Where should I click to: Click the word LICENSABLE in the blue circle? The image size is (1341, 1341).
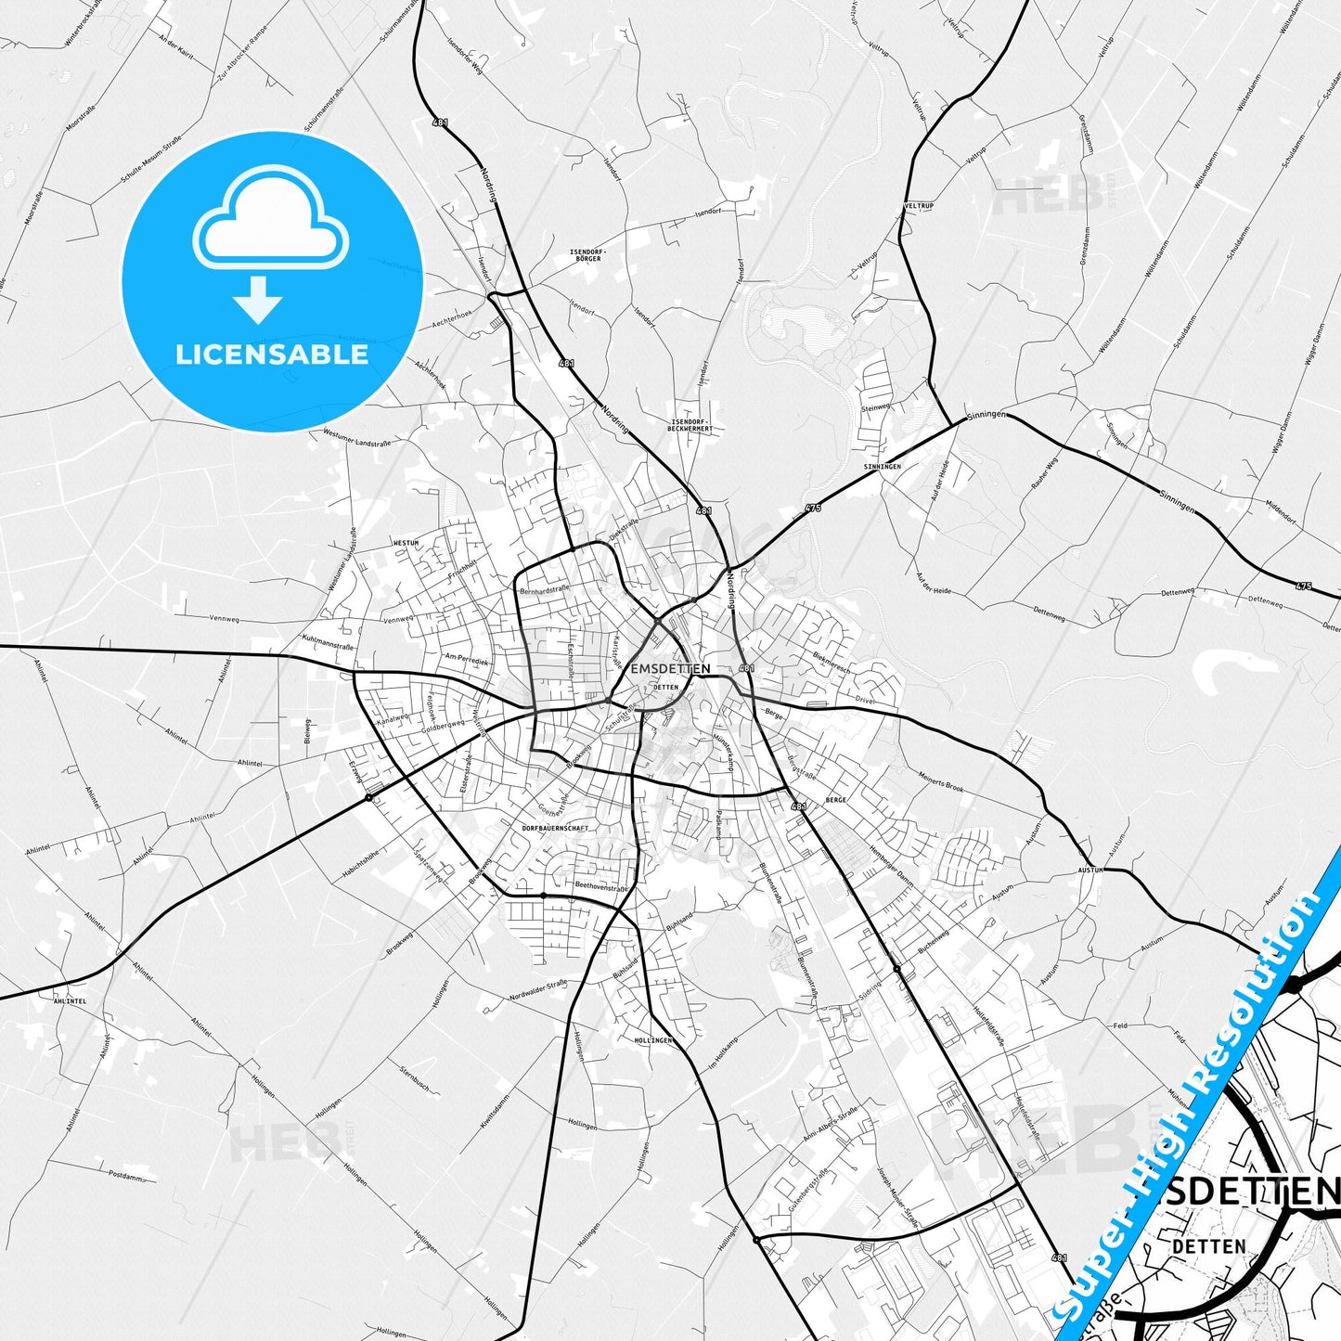click(272, 355)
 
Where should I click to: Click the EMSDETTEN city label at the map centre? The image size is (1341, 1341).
click(670, 668)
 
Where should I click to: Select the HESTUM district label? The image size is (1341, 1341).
click(406, 543)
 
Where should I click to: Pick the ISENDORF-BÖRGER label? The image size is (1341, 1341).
click(587, 255)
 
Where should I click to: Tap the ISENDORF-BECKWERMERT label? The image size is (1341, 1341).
click(691, 426)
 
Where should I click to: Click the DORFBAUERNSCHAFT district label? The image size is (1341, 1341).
click(555, 828)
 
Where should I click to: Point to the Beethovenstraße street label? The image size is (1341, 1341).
click(601, 886)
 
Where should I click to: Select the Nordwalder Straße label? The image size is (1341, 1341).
click(537, 990)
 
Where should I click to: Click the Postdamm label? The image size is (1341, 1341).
click(126, 1176)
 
